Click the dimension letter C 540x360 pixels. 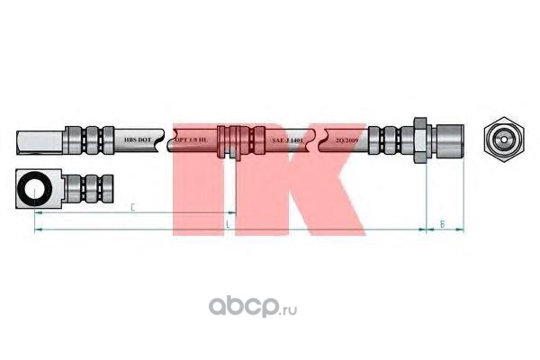coord(132,208)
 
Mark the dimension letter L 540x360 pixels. coord(228,221)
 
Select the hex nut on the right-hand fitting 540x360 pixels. coord(418,140)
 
